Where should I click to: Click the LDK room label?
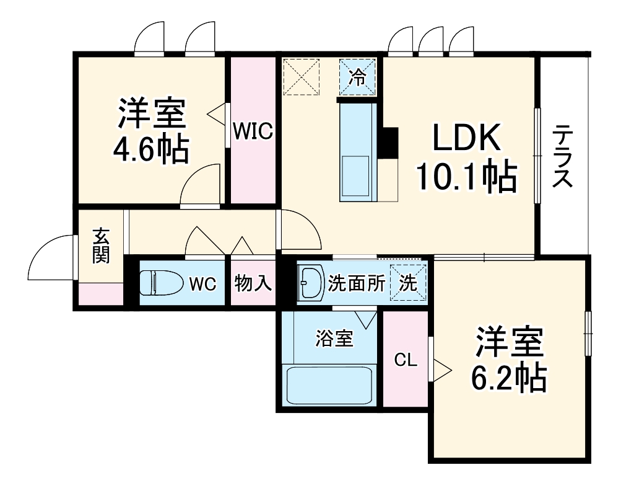point(466,140)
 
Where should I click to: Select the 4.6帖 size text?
point(150,149)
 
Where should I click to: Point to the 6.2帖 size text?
point(508,376)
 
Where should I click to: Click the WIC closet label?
point(253,131)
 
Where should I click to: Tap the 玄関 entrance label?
point(101,246)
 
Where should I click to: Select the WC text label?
point(202,284)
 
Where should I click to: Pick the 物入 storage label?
point(253,283)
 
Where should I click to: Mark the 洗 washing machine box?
point(408,282)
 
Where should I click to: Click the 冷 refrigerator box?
point(357,77)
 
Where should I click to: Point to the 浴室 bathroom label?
point(334,339)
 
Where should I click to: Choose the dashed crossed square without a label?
point(301,76)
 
